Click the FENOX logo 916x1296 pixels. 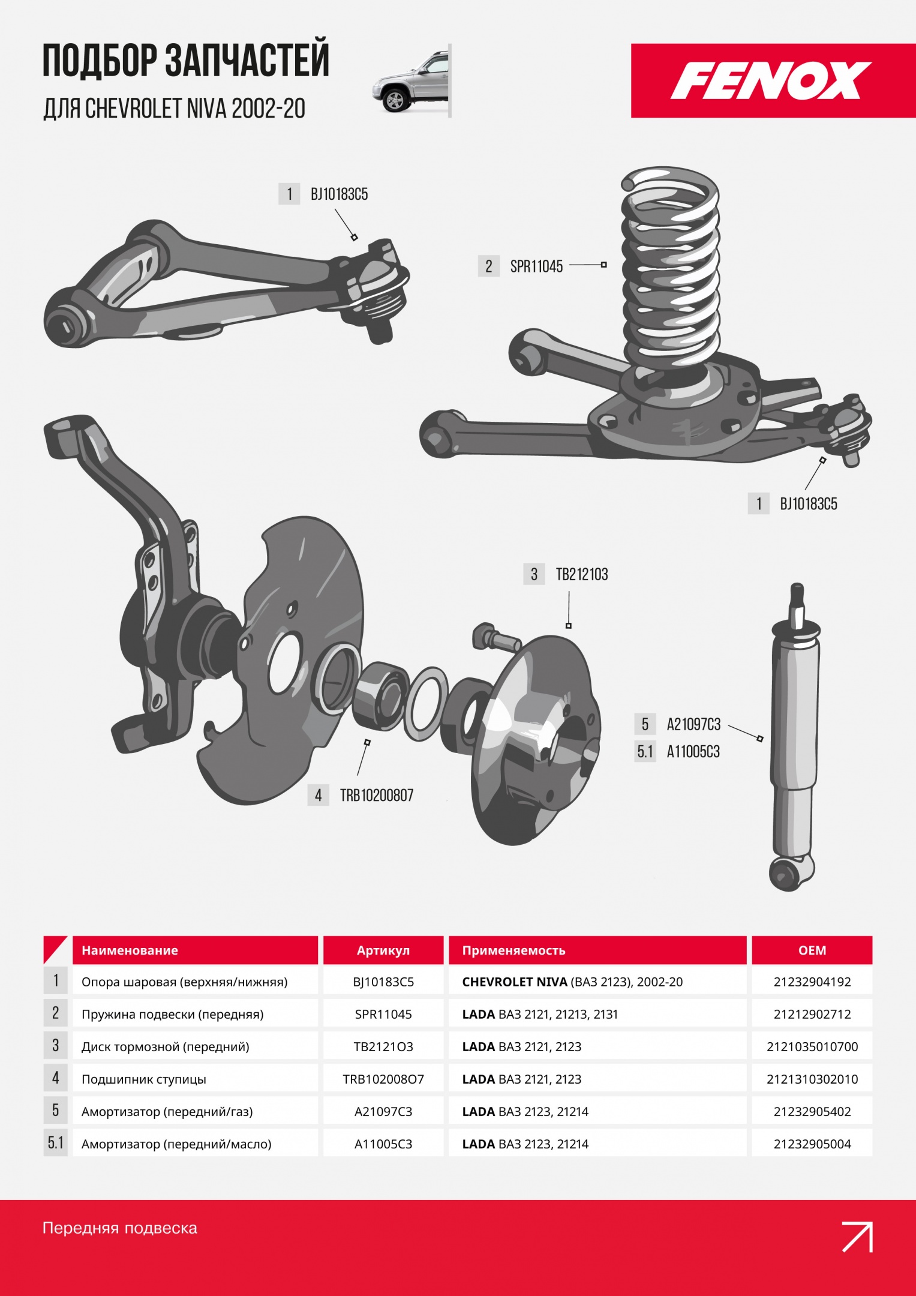771,80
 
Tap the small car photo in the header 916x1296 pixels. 410,82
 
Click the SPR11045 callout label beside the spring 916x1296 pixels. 536,266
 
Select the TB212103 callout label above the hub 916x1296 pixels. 582,575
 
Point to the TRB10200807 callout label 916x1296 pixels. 377,796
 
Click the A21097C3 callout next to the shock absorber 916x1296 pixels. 693,725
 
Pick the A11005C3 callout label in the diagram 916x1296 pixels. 693,752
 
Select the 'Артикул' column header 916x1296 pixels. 383,950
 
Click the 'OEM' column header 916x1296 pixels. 812,950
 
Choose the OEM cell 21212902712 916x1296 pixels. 812,1015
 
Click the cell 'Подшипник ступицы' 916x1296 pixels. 144,1079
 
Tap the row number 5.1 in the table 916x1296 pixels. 56,1143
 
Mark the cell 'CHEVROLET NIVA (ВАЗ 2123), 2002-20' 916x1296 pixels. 572,982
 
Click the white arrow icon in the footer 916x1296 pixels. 857,1237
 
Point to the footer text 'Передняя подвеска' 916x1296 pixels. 120,1228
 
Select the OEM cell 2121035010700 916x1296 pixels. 812,1047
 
